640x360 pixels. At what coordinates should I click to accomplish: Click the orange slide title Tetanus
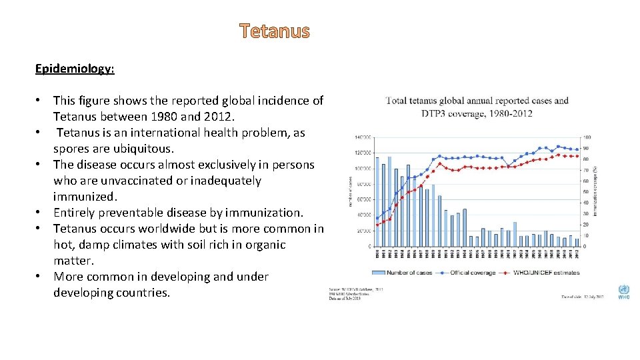point(275,31)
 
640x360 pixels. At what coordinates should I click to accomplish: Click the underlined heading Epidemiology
point(75,69)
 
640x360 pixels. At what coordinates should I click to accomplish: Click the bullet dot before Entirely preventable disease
point(40,213)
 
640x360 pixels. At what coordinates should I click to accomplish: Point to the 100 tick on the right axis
point(587,137)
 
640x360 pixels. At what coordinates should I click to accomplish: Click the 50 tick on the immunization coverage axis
point(587,192)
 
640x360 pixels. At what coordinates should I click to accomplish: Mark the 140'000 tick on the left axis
point(362,137)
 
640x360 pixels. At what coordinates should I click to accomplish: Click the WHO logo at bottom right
point(623,292)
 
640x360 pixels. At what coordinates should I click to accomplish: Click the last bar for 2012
point(577,242)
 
